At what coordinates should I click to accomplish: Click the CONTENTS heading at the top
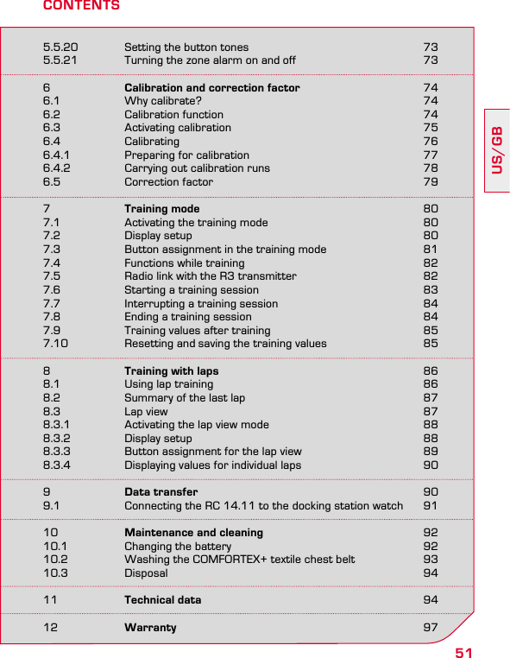(81, 6)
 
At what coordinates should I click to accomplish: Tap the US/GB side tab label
(497, 150)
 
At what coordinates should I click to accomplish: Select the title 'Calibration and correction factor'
(212, 88)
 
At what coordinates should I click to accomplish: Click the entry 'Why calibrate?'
(163, 101)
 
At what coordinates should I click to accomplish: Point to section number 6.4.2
(57, 168)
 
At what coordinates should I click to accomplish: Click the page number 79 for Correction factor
(430, 182)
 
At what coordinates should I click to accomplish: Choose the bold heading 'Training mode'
(161, 209)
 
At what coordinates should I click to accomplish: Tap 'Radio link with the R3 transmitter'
(210, 276)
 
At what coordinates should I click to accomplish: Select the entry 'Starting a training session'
(192, 290)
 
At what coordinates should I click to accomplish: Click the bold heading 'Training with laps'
(171, 371)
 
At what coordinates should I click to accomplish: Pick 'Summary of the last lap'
(185, 398)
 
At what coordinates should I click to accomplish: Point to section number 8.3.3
(57, 452)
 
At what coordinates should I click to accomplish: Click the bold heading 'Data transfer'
(161, 492)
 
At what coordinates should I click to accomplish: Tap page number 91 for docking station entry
(430, 506)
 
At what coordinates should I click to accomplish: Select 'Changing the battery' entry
(178, 547)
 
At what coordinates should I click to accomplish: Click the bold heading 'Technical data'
(162, 600)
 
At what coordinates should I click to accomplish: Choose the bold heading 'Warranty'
(150, 628)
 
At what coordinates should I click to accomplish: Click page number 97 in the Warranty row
(430, 628)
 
